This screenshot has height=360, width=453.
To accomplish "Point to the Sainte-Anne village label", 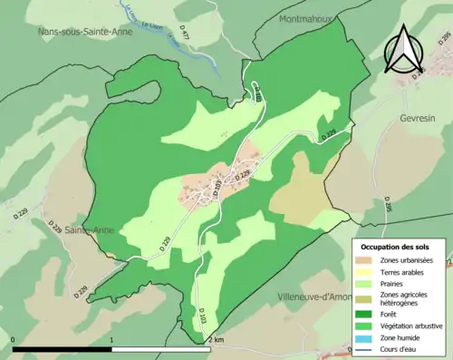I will click(107, 230).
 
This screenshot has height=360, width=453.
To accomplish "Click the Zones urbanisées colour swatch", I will click(364, 260).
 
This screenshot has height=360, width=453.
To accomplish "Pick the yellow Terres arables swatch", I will click(364, 272).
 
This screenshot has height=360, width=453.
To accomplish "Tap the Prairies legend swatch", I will click(364, 284).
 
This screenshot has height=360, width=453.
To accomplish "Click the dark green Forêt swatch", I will click(364, 313).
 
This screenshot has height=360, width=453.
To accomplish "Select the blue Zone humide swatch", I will click(364, 336).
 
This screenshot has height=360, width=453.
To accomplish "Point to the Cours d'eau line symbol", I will click(364, 348).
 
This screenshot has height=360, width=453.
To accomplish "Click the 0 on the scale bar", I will click(14, 340).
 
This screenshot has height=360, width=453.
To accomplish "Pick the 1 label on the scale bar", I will click(111, 340).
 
